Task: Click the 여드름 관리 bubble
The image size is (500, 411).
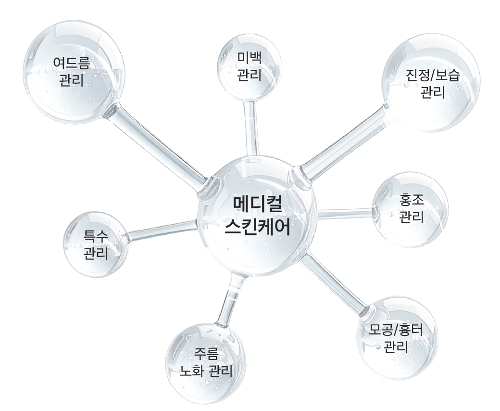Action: [72, 72]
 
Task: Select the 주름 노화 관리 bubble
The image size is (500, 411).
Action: [206, 362]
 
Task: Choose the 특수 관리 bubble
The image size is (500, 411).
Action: [96, 243]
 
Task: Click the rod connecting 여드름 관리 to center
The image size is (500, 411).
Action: [159, 144]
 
